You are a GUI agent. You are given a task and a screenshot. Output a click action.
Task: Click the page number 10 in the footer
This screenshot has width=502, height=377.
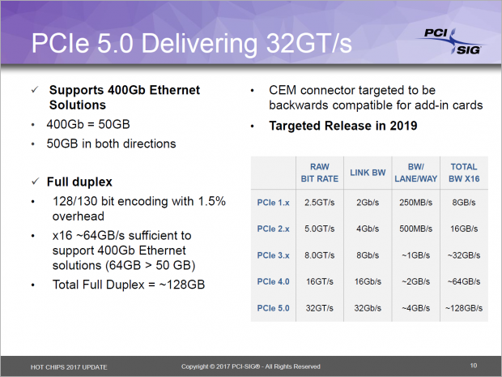point(473,365)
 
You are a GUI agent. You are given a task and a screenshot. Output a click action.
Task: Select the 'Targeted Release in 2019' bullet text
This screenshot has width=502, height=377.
point(333,126)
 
